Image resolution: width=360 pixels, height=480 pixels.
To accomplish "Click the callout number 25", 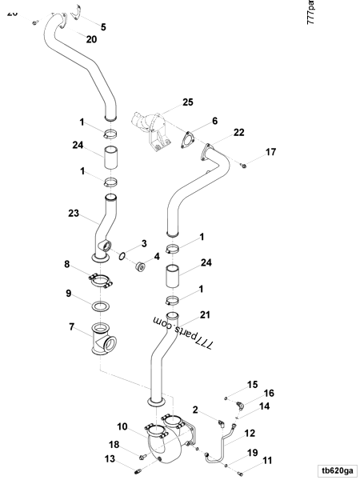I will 188,102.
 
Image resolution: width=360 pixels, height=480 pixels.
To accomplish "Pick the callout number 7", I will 73,327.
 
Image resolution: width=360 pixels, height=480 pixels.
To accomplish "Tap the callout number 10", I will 122,426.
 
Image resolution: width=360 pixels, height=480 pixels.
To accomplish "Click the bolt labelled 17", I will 245,164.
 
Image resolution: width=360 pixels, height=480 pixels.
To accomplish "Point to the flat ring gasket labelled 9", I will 100,306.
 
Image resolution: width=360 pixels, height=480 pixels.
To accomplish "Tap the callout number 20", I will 90,39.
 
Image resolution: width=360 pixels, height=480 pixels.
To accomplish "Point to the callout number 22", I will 239,132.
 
